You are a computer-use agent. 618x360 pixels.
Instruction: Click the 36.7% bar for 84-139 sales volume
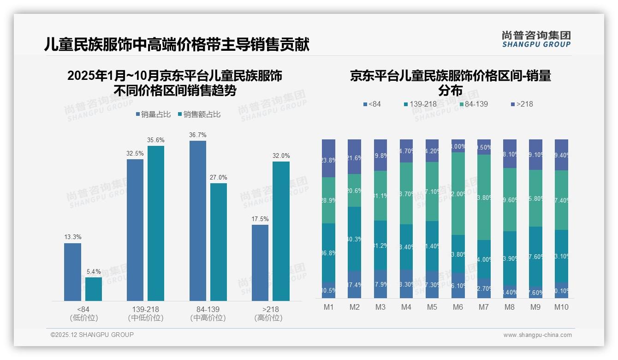198,221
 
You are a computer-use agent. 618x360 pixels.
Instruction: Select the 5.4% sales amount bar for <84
94,289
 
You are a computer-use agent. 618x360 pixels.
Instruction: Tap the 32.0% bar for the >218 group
281,231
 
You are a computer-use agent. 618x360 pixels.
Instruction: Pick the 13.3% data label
72,237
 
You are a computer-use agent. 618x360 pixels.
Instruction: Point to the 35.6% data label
156,140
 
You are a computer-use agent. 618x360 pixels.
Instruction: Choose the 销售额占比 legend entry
199,114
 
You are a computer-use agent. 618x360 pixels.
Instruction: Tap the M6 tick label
458,307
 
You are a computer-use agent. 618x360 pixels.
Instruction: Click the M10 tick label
561,307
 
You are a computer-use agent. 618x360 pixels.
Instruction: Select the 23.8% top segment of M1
329,158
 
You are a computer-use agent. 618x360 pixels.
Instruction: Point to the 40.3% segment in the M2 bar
355,239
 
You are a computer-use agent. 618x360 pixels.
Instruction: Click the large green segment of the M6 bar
458,193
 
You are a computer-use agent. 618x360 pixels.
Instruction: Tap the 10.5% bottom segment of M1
329,290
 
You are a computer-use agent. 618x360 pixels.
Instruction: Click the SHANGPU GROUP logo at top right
536,39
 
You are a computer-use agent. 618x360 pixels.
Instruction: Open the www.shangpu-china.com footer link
537,335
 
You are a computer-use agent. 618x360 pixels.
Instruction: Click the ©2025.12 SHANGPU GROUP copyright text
92,335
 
